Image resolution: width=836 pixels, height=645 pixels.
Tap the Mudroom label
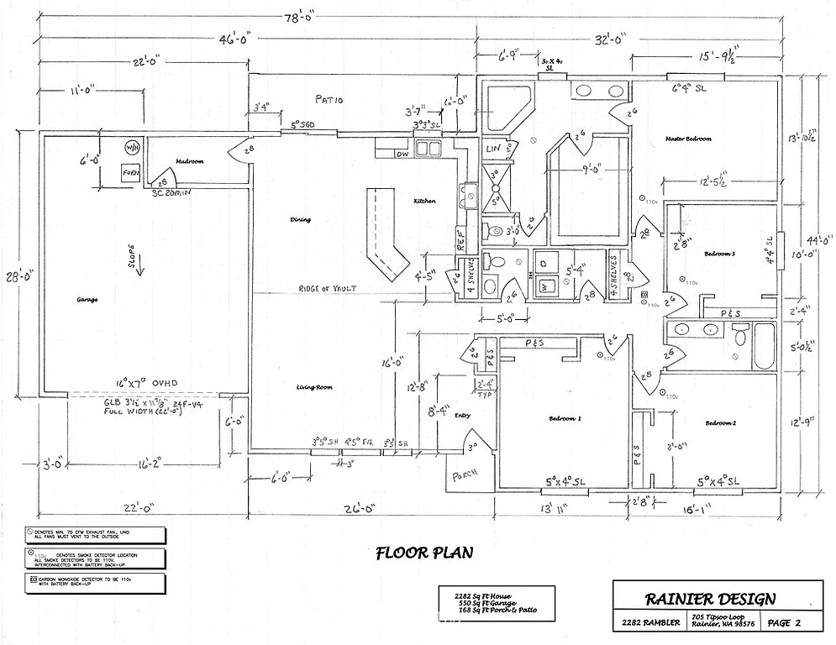[190, 161]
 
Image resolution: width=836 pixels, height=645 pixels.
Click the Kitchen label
[424, 202]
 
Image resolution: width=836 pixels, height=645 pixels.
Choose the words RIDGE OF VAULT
[327, 289]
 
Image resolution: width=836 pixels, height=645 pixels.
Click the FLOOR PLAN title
[423, 553]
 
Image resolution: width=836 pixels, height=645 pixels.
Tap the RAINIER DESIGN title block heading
[710, 599]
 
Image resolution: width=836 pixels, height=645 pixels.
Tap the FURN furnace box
[130, 174]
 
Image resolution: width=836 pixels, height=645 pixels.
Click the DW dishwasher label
[402, 155]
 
